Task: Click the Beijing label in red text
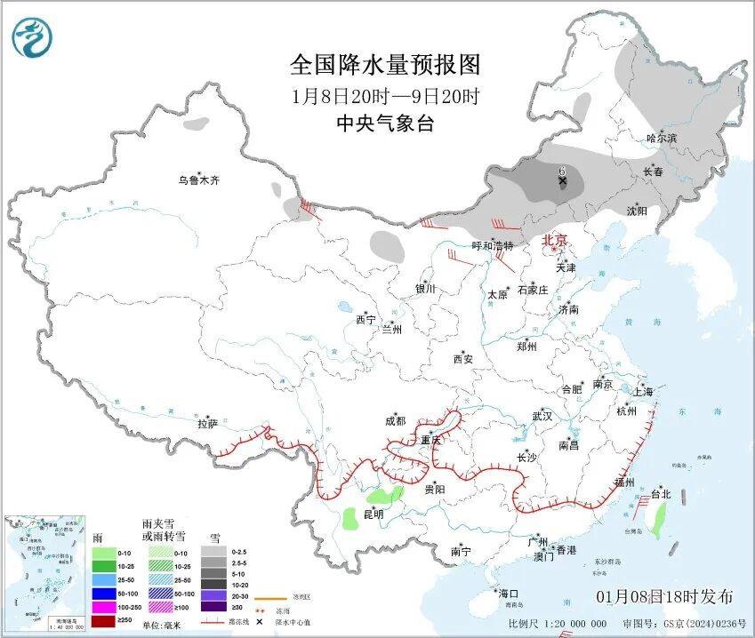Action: pyautogui.click(x=555, y=240)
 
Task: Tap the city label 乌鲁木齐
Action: pyautogui.click(x=197, y=180)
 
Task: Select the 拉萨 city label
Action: pyautogui.click(x=207, y=424)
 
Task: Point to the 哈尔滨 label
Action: pyautogui.click(x=661, y=139)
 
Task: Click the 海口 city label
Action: pyautogui.click(x=507, y=593)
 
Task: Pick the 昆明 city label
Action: pyautogui.click(x=373, y=514)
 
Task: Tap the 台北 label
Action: pyautogui.click(x=661, y=493)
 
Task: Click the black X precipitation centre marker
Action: pyautogui.click(x=562, y=180)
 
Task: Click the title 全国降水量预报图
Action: pyautogui.click(x=385, y=65)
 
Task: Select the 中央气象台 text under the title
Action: pyautogui.click(x=385, y=124)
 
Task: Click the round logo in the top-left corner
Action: pyautogui.click(x=32, y=37)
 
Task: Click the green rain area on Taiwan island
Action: pyautogui.click(x=659, y=520)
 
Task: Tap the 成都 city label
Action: pyautogui.click(x=394, y=421)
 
